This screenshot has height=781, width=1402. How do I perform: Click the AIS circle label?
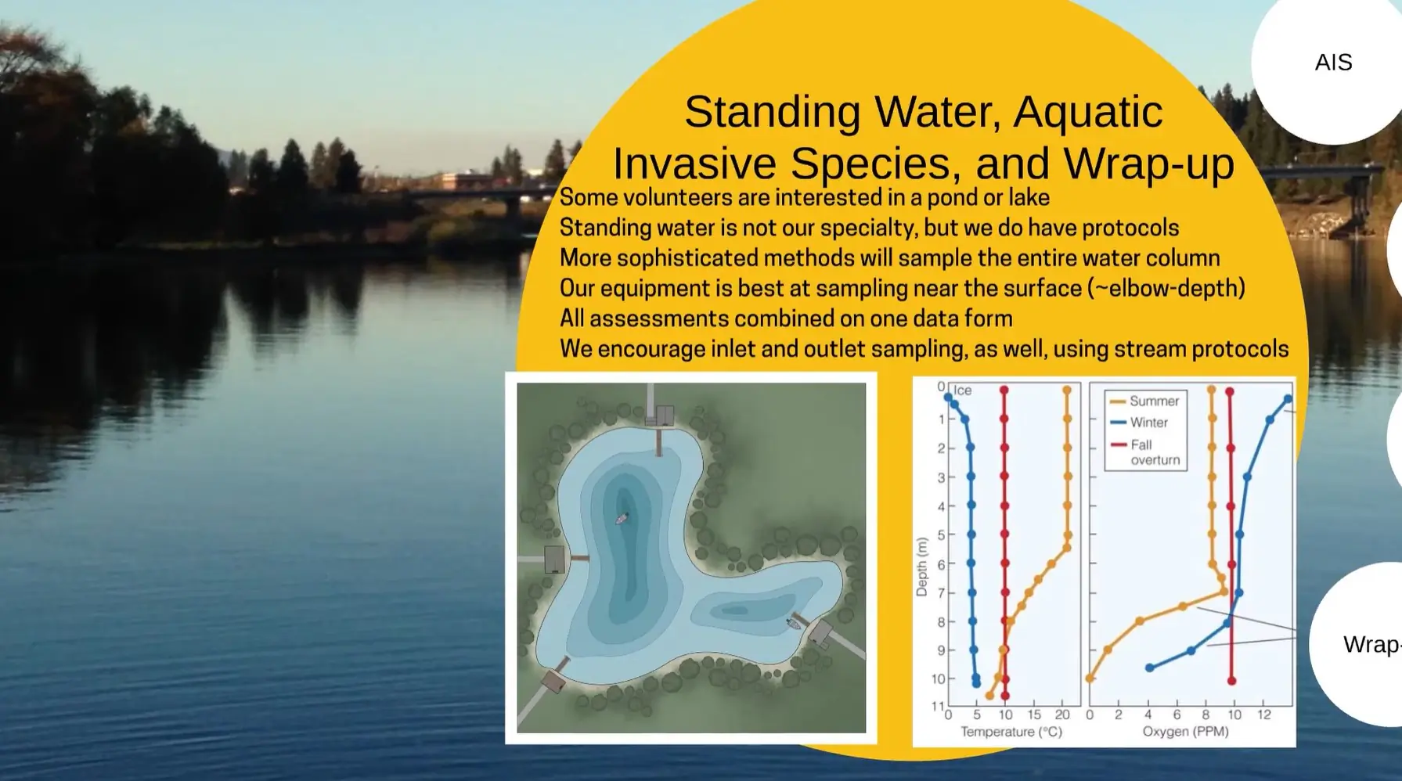1333,63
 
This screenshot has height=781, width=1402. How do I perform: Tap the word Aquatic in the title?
1088,112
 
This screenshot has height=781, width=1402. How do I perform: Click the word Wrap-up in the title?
1148,164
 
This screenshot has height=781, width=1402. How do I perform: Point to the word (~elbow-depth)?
1166,288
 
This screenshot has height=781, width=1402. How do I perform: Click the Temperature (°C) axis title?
1011,732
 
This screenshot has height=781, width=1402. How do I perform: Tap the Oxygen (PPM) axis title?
1185,732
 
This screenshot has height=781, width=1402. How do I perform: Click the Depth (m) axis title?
921,567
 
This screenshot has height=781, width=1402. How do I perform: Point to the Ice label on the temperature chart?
962,390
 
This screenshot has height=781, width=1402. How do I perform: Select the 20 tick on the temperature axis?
1062,714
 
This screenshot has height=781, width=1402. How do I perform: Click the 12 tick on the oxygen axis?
1263,714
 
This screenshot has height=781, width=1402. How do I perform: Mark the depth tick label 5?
942,534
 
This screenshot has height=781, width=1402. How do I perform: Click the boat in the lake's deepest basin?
622,518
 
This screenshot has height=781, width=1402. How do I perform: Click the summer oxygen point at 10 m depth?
1090,678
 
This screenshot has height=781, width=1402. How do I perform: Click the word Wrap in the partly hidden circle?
1368,645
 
